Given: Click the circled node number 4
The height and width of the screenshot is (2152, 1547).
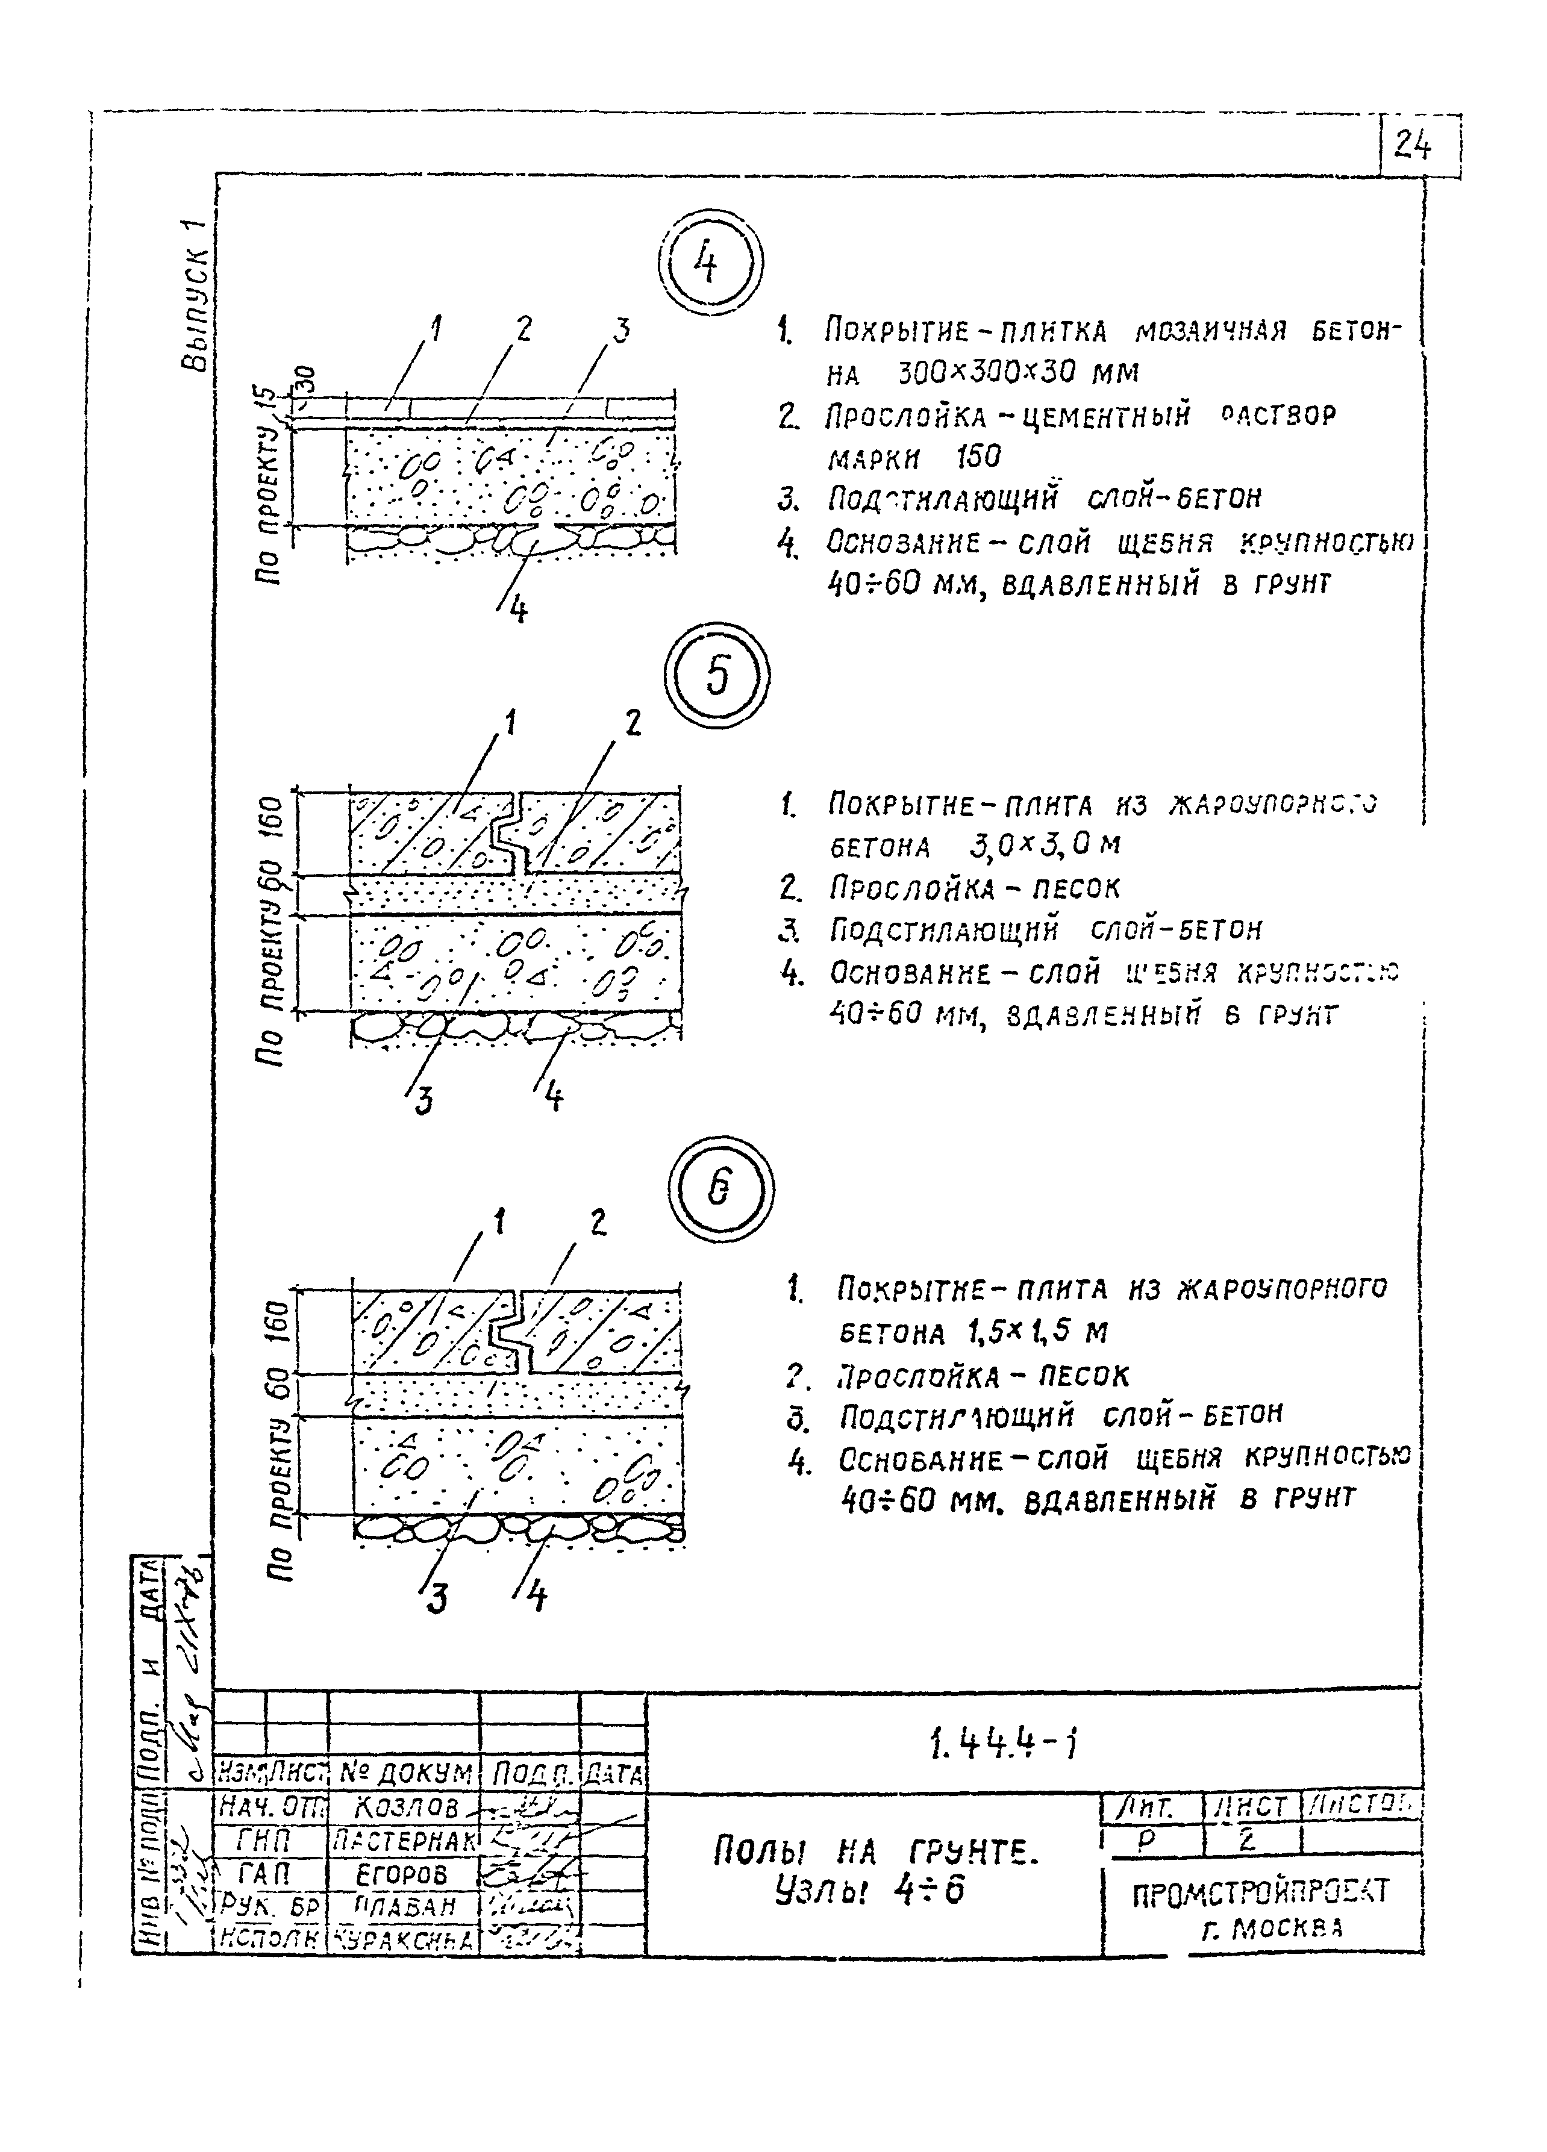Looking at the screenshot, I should click(711, 266).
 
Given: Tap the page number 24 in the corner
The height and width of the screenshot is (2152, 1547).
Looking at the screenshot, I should click(1413, 146).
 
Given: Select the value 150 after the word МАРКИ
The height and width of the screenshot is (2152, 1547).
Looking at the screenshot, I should click(978, 457).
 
